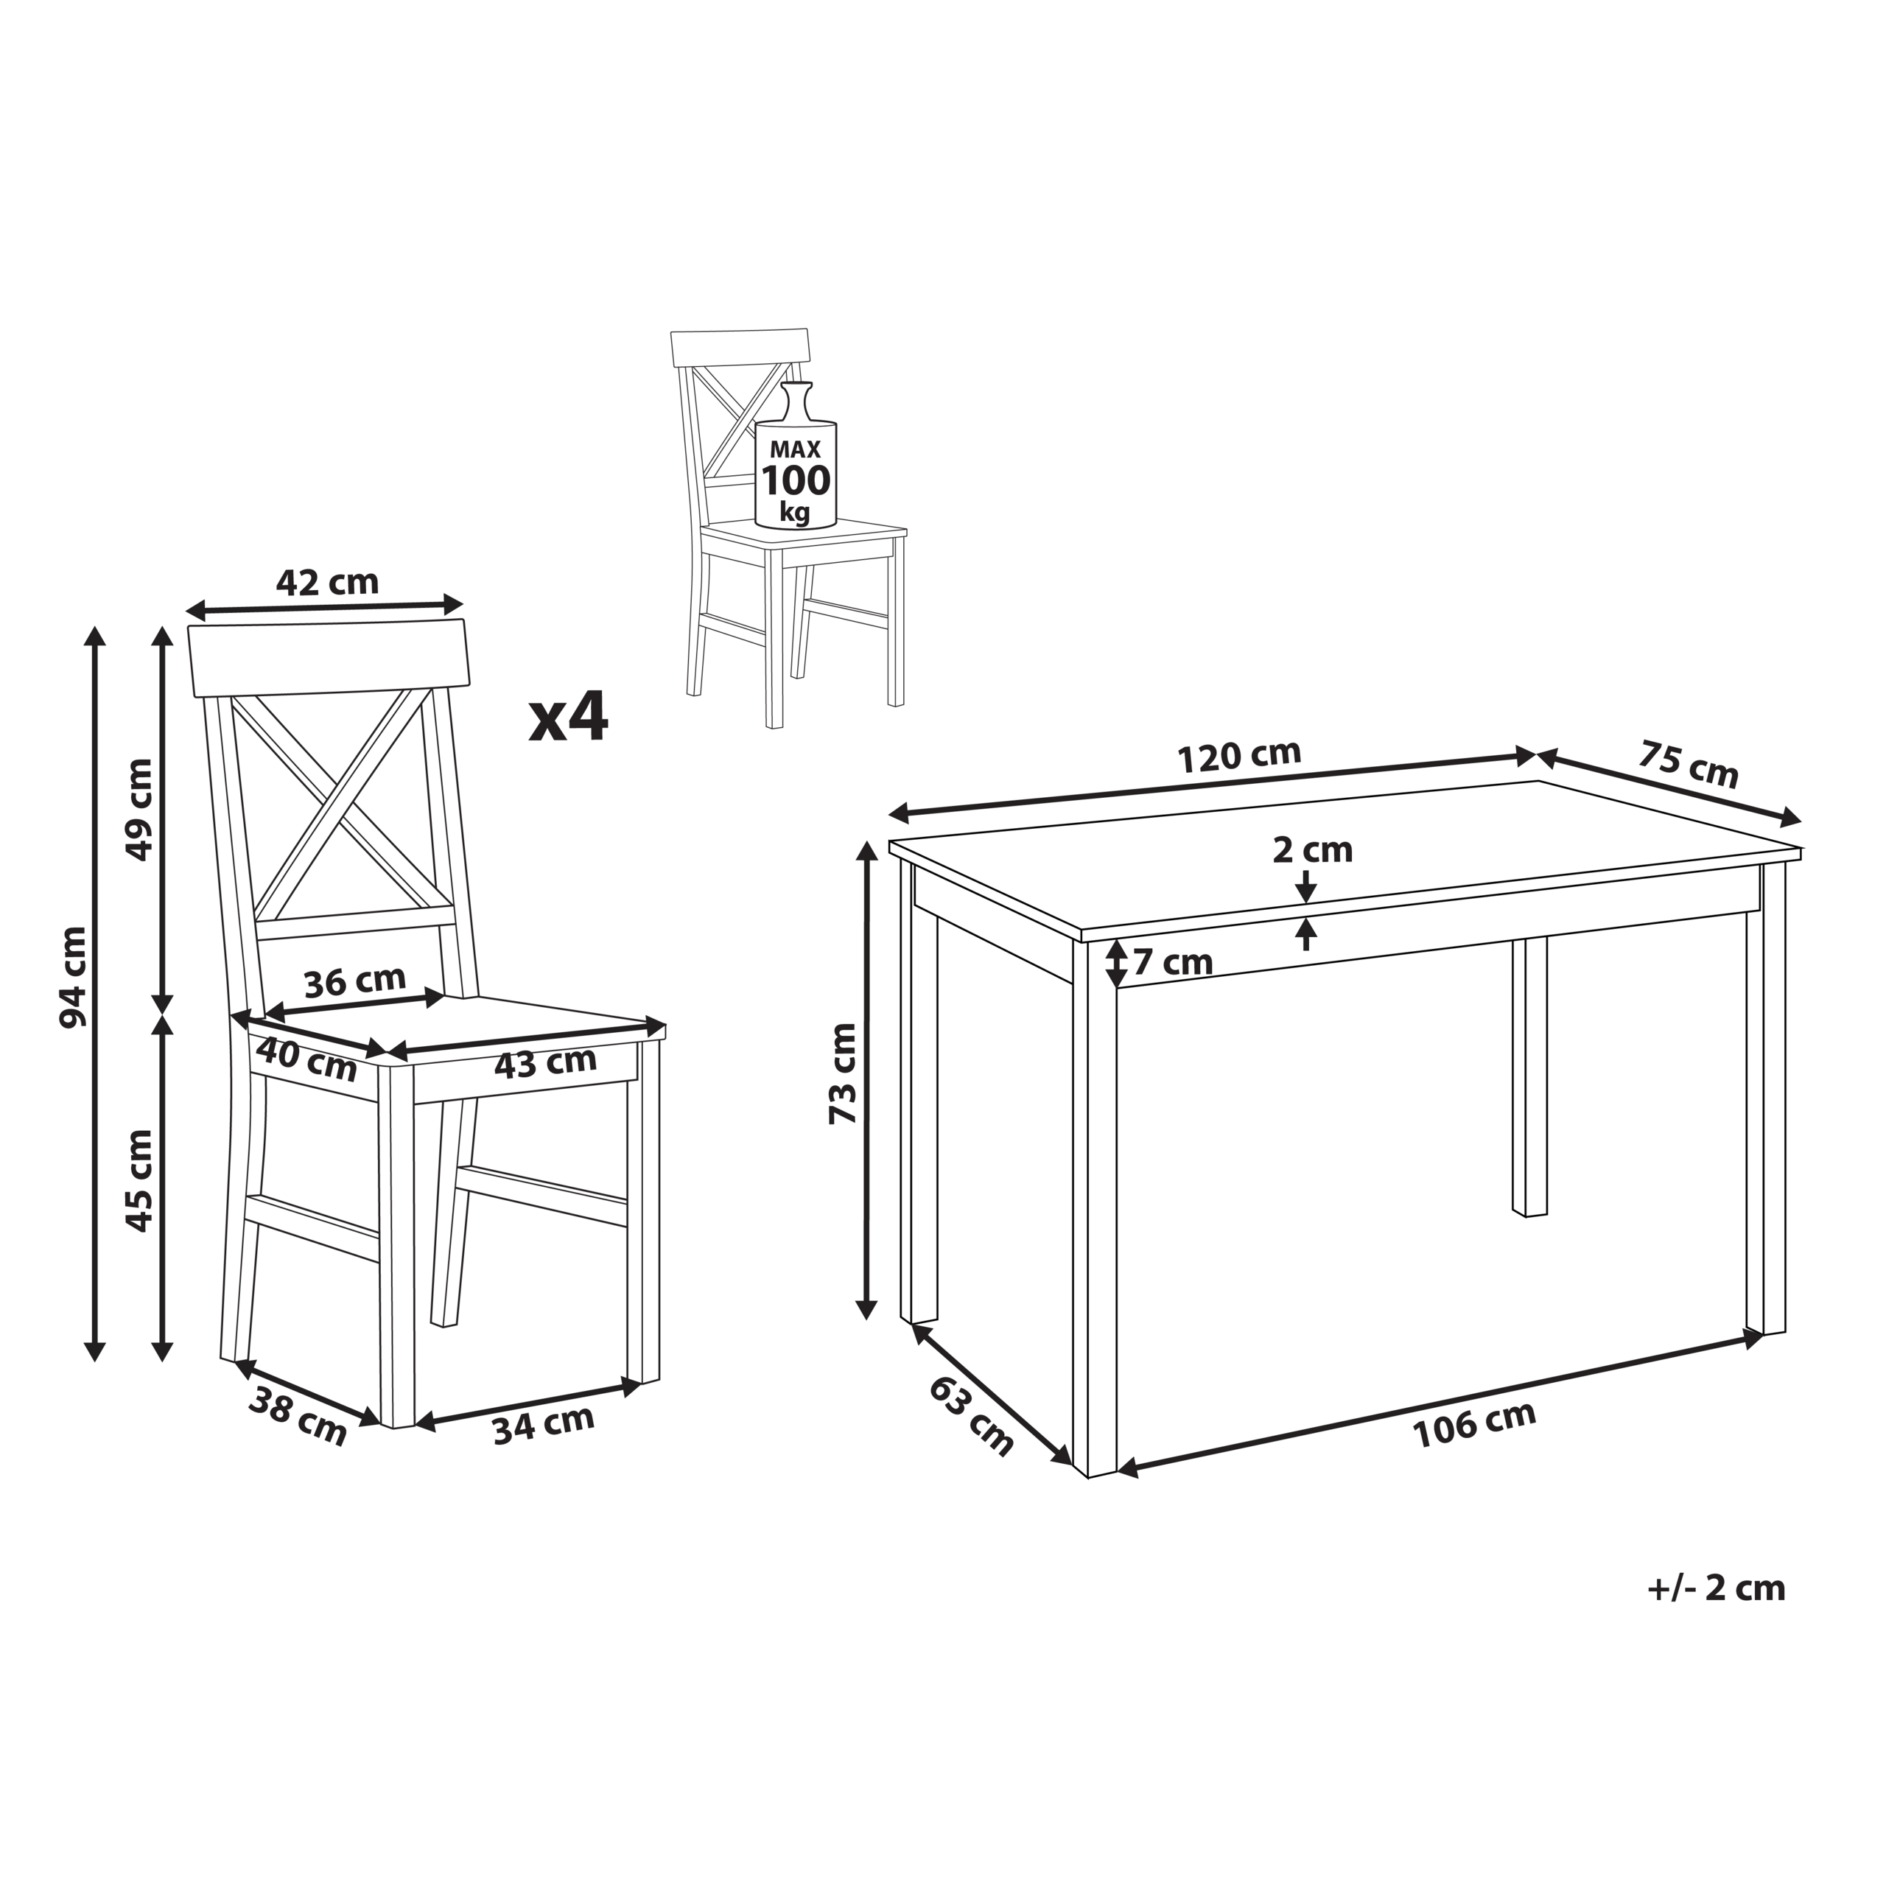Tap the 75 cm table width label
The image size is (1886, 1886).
(x=1688, y=765)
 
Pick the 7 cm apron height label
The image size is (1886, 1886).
(x=1172, y=964)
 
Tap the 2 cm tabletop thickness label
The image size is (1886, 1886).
(x=1312, y=850)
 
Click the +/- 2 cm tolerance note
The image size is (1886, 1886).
(x=1716, y=1588)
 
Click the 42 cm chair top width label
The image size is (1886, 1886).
(x=327, y=583)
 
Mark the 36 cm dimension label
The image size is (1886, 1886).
(x=354, y=982)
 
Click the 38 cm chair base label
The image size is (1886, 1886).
(x=298, y=1417)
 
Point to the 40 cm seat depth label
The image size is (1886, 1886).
(x=306, y=1059)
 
